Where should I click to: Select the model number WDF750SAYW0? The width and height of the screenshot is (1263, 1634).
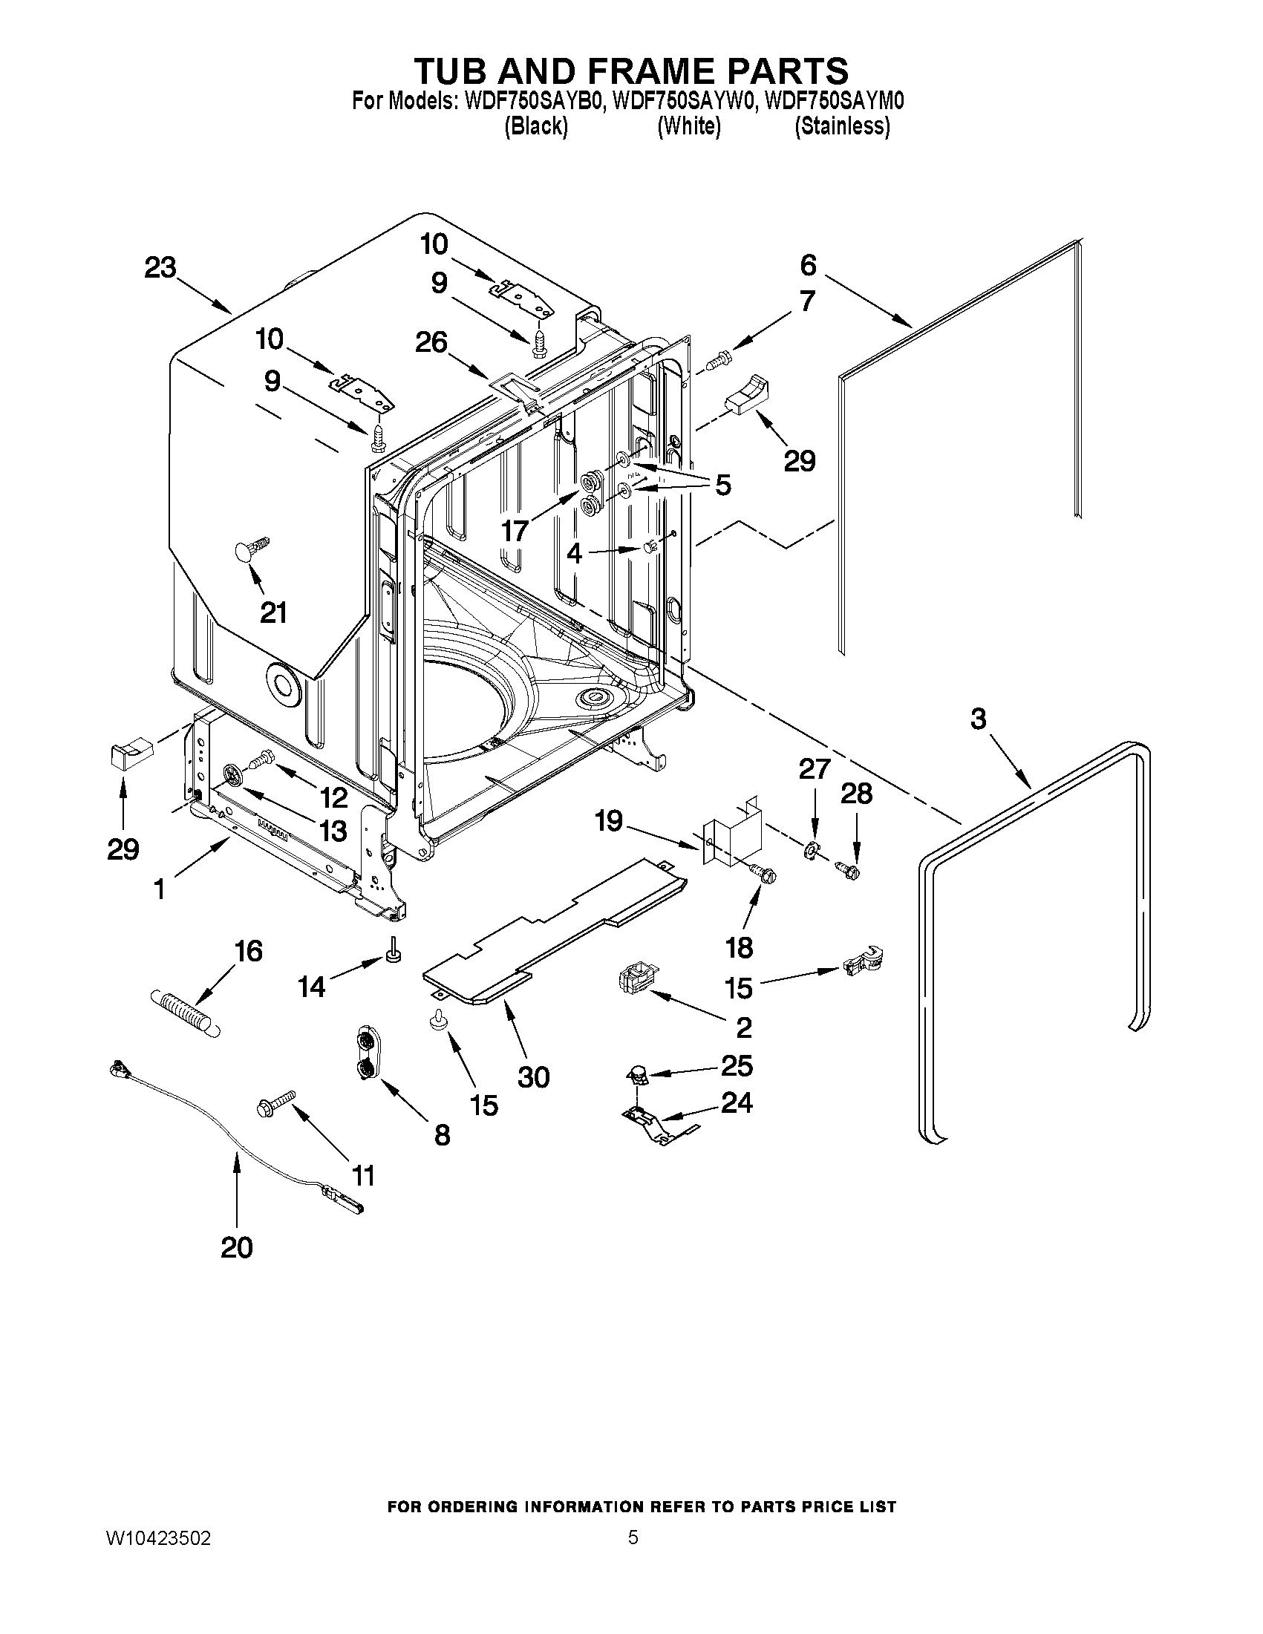(x=683, y=100)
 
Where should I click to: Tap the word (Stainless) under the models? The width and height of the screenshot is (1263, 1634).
(x=842, y=126)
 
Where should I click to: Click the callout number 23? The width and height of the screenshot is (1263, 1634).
(x=160, y=267)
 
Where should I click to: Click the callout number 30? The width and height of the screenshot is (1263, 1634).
(x=533, y=1076)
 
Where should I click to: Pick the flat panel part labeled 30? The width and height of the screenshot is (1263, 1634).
(x=554, y=932)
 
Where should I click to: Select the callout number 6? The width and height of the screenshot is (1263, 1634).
(x=808, y=264)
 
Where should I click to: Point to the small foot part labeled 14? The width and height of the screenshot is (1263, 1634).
(x=392, y=951)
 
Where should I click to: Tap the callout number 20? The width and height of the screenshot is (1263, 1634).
(x=236, y=1247)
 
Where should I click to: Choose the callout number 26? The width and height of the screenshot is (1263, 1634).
(x=431, y=343)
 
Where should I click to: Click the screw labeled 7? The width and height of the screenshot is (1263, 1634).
(x=717, y=361)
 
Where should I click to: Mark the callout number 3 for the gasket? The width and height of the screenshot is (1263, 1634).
(x=978, y=719)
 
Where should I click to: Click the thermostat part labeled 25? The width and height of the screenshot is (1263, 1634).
(x=636, y=1076)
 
